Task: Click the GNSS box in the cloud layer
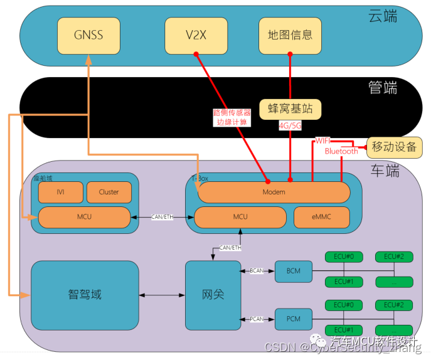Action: tap(87, 35)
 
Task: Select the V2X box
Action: tap(195, 35)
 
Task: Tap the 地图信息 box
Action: tap(290, 35)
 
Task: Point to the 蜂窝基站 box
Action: tap(290, 109)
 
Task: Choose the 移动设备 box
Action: tap(394, 147)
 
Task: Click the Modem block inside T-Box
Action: tap(274, 192)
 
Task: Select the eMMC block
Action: tap(322, 217)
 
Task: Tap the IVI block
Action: tap(60, 192)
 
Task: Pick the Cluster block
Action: tap(109, 192)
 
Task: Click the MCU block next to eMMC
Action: tap(240, 217)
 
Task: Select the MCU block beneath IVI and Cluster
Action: tap(84, 217)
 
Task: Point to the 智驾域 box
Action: tap(85, 294)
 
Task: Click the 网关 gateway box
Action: tap(213, 294)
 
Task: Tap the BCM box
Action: tap(293, 271)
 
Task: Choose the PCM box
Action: tap(293, 319)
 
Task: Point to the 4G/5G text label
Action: tap(290, 125)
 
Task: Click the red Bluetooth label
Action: tap(341, 151)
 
